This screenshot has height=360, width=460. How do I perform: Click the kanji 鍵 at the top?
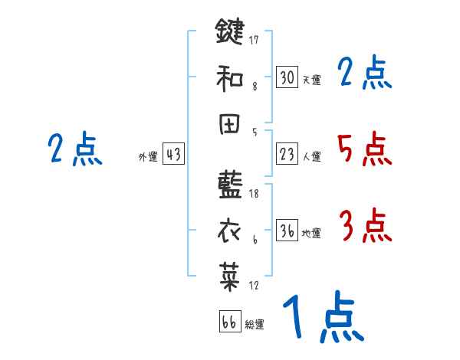click(x=230, y=34)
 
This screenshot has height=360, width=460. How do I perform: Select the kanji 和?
click(x=230, y=78)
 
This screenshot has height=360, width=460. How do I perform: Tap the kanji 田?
click(x=230, y=123)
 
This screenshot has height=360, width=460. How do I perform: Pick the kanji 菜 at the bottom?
click(x=230, y=274)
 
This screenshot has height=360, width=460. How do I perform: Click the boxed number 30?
click(x=287, y=77)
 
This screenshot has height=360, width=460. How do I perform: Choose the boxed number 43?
click(x=173, y=155)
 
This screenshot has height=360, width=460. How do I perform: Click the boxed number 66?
click(x=229, y=322)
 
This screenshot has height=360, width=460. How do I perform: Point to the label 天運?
click(x=311, y=80)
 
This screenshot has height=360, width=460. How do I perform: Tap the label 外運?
click(x=148, y=157)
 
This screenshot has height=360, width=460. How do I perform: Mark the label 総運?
click(x=255, y=324)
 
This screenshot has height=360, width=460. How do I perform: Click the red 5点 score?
click(x=364, y=149)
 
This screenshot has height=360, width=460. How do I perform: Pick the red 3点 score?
click(x=364, y=227)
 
